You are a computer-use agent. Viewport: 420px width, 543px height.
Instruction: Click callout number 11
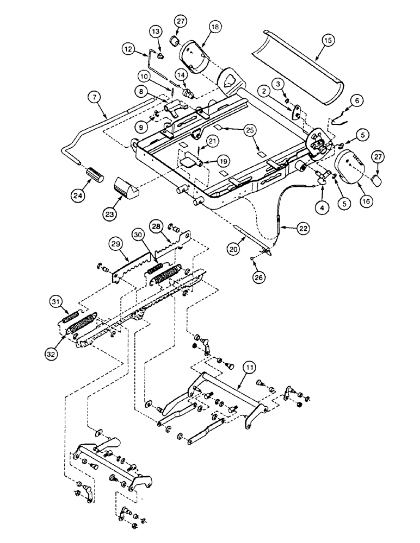(248, 368)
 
